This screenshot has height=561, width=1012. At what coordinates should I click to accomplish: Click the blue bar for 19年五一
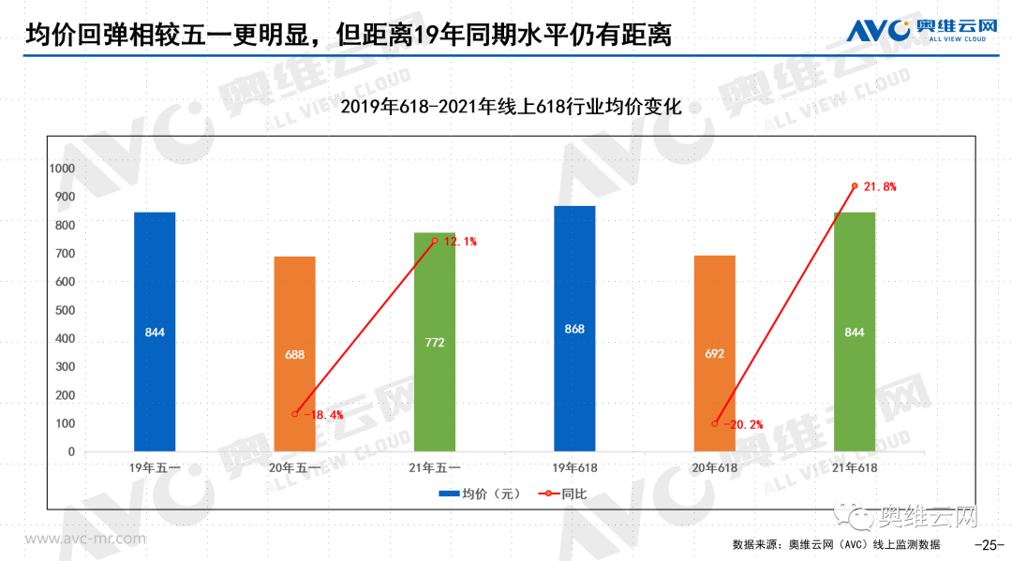pyautogui.click(x=155, y=332)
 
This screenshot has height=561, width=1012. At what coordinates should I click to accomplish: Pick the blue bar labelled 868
pyautogui.click(x=574, y=329)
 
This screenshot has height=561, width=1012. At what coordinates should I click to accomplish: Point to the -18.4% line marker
pyautogui.click(x=295, y=413)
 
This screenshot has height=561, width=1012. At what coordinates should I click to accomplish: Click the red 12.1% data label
pyautogui.click(x=460, y=242)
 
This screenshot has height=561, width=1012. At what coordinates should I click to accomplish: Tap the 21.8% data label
pyautogui.click(x=880, y=187)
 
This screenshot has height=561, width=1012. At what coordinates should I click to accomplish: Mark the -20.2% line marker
pyautogui.click(x=715, y=423)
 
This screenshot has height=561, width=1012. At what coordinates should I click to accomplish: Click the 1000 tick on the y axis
pyautogui.click(x=63, y=169)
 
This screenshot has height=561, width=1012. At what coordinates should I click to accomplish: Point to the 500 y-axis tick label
pyautogui.click(x=65, y=310)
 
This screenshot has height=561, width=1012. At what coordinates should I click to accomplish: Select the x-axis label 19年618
pyautogui.click(x=574, y=467)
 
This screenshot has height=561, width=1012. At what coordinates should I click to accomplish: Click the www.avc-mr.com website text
pyautogui.click(x=85, y=539)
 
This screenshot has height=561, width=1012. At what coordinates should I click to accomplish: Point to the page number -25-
pyautogui.click(x=990, y=545)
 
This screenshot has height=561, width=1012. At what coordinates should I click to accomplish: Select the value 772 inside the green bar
pyautogui.click(x=434, y=343)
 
